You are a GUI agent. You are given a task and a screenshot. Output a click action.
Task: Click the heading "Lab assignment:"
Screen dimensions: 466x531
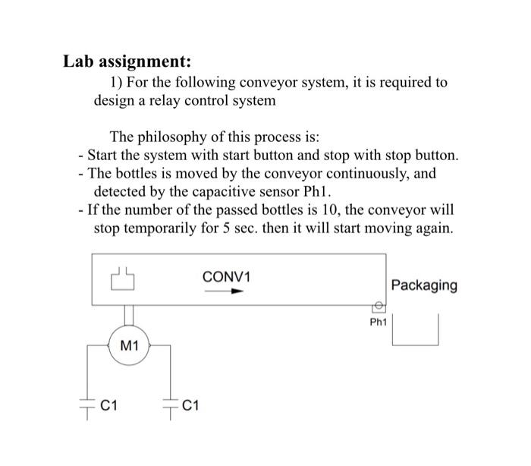point(127,60)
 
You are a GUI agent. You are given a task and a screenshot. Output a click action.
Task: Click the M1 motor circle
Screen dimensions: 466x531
point(130,348)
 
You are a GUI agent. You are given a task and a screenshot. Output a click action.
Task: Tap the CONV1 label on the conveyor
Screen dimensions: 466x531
point(226,277)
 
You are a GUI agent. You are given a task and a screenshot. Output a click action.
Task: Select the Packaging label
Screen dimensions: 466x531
point(424,285)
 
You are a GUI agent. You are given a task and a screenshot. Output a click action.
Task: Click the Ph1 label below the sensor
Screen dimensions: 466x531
point(378,322)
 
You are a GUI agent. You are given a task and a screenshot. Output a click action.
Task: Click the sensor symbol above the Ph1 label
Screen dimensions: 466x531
point(377,307)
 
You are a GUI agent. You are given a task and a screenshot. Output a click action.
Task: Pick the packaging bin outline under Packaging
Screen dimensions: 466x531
point(416,335)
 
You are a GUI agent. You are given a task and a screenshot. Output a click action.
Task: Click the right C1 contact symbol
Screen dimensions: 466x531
point(171,408)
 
